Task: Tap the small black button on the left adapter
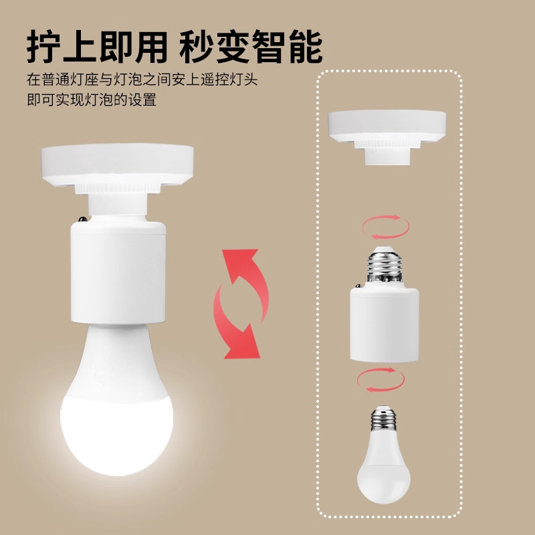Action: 82,219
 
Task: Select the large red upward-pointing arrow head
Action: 240,264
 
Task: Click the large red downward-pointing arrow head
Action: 242,342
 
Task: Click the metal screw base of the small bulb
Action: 384,417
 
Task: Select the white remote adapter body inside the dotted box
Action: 384,324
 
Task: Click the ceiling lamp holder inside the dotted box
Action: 387,137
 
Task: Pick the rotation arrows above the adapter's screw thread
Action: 386,227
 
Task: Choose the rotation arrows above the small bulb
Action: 381,380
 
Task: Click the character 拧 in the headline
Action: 43,46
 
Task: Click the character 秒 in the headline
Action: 196,46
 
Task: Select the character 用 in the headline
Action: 152,46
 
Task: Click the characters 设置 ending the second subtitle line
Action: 142,100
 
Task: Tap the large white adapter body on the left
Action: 118,272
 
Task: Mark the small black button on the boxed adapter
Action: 358,286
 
